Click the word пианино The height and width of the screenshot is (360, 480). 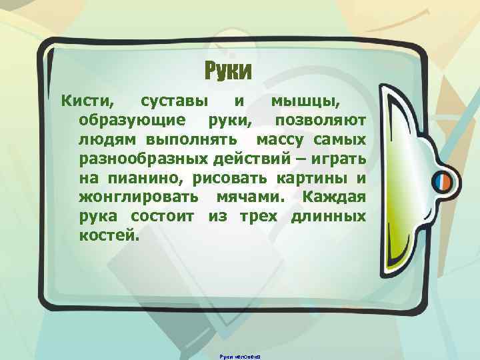(142, 179)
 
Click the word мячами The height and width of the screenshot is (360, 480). (249, 198)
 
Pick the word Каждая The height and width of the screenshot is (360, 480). (333, 198)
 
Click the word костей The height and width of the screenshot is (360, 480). (109, 235)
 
